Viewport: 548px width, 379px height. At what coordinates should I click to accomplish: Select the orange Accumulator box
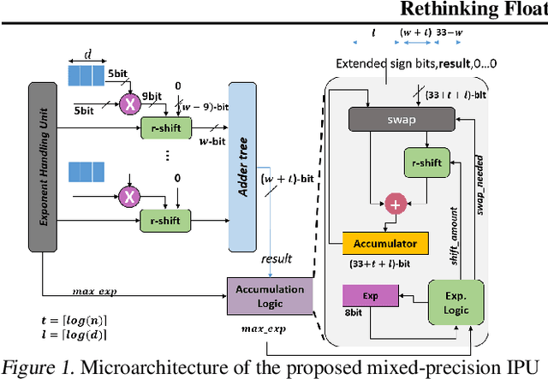pyautogui.click(x=384, y=243)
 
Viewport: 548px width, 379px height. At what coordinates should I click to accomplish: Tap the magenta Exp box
pyautogui.click(x=371, y=295)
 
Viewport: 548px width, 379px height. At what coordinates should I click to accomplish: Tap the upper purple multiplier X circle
pyautogui.click(x=130, y=104)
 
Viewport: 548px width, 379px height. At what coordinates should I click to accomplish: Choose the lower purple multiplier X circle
pyautogui.click(x=130, y=195)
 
